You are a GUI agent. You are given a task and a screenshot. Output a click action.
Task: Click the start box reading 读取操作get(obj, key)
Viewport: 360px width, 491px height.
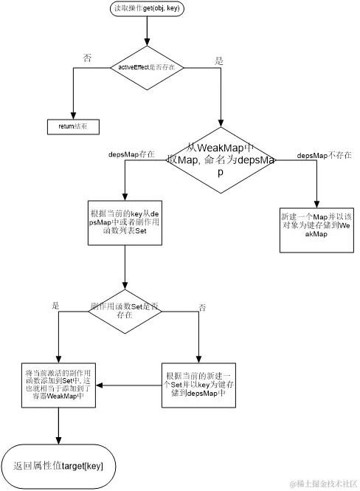click(x=147, y=9)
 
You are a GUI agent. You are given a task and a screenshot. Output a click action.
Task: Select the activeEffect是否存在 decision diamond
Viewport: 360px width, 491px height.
click(x=147, y=67)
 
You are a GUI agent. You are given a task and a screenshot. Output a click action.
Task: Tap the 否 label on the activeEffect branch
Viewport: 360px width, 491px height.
click(x=88, y=58)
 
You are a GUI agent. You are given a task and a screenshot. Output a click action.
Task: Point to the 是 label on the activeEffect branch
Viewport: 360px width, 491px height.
click(x=218, y=61)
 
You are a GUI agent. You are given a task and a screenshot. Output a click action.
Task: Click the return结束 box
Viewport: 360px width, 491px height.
click(x=73, y=126)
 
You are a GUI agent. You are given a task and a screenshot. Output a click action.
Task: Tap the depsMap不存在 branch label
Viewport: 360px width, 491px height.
click(x=324, y=156)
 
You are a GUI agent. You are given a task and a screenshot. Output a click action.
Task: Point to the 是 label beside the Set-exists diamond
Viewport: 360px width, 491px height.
click(x=55, y=304)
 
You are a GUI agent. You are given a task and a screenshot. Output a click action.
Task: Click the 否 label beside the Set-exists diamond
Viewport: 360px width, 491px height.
click(x=201, y=306)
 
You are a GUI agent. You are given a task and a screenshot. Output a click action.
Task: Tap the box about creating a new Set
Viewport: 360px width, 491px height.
click(x=199, y=385)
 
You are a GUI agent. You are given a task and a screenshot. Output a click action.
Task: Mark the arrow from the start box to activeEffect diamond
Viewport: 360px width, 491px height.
click(x=147, y=31)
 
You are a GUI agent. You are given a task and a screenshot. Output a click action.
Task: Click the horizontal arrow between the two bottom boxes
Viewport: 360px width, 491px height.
click(x=130, y=385)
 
